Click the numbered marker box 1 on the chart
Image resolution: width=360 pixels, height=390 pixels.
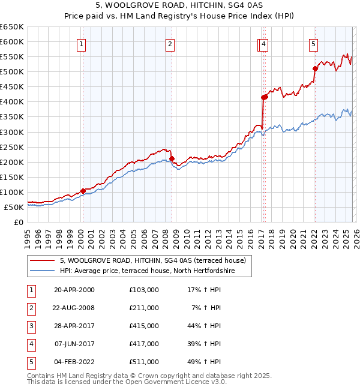click(x=81, y=43)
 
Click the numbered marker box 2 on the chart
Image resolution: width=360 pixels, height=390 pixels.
click(x=170, y=43)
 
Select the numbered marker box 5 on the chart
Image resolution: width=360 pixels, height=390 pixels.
click(x=314, y=43)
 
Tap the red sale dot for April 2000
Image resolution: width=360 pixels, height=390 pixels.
click(x=83, y=191)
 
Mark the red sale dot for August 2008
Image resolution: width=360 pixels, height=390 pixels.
click(x=172, y=158)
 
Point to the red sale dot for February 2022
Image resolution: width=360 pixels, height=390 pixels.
click(x=314, y=68)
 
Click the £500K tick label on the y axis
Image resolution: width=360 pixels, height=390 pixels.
click(x=12, y=72)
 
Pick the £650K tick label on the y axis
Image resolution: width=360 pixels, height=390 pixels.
click(x=12, y=27)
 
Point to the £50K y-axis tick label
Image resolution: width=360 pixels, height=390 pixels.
click(x=14, y=208)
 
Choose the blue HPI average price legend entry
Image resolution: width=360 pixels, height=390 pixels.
click(x=147, y=271)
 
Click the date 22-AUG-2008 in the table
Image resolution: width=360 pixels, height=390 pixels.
click(x=74, y=308)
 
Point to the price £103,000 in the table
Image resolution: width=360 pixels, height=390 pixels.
click(x=144, y=290)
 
